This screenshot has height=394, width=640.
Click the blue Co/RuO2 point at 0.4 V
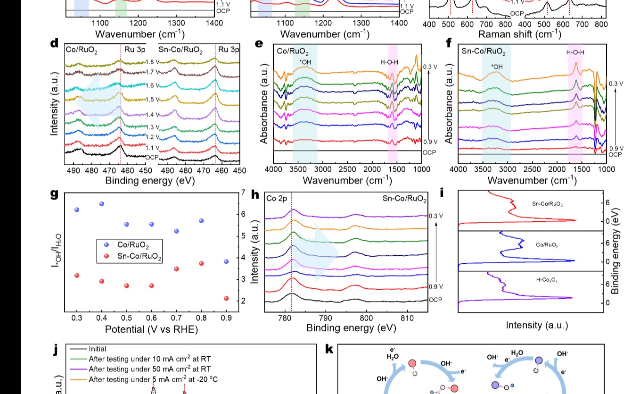point(101,204)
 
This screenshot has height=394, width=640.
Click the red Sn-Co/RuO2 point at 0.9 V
point(226,298)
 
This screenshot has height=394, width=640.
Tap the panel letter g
point(55,194)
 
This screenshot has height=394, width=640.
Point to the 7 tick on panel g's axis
point(243,193)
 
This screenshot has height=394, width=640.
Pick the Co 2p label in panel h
point(277,199)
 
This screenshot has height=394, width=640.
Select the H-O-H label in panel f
point(575,52)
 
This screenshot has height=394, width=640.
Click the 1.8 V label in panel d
point(153,62)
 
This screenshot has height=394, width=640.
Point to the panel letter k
point(329,349)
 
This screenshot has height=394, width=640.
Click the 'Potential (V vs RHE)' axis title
point(151,329)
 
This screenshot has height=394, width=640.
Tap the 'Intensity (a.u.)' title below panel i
point(537,325)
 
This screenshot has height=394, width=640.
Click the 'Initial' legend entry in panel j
point(98,349)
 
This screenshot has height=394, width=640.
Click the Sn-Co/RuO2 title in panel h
point(404,199)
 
